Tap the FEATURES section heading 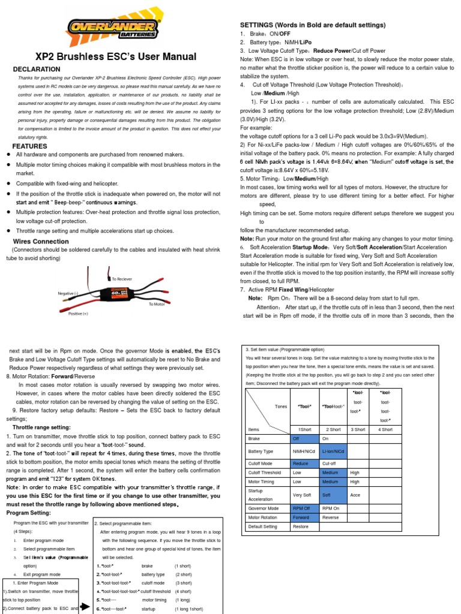point(30,146)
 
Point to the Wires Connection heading point(41,241)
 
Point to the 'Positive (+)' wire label point(78,314)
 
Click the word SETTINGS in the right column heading point(257,25)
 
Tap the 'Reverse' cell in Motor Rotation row point(331,517)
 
